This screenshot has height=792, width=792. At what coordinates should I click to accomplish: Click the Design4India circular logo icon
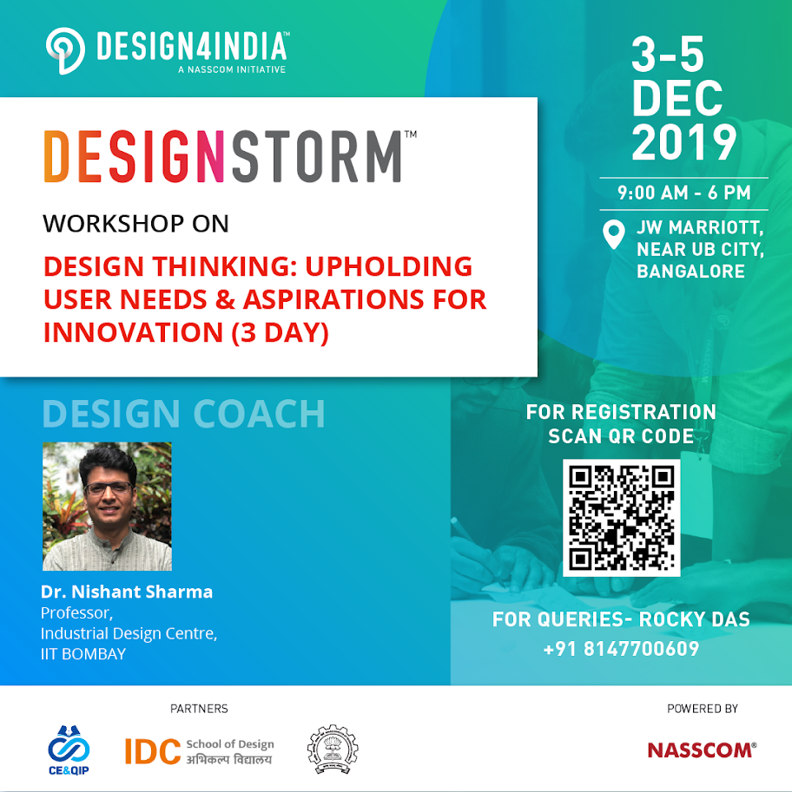pos(65,50)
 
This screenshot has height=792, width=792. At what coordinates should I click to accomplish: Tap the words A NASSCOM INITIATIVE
pos(232,69)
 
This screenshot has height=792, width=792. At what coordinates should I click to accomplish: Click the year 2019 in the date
pos(683,143)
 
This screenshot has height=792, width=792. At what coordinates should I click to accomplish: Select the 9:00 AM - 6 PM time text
pos(683,193)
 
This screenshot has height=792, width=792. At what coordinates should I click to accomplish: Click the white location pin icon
pos(613,234)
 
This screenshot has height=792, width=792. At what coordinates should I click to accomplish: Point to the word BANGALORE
pos(690,272)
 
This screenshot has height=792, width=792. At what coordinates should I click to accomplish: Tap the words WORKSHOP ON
pos(135,224)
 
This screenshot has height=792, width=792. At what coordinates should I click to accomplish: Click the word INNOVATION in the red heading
pos(134,332)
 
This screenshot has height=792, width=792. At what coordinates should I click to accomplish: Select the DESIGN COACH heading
pos(183,414)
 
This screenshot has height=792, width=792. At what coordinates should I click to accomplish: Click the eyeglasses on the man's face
pos(109,488)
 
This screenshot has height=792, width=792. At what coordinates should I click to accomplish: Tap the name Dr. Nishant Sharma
pos(127,592)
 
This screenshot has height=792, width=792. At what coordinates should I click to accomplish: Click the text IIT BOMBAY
pos(83,653)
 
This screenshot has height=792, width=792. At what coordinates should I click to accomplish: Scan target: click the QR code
pos(621,518)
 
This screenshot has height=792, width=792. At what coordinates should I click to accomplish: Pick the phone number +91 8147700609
pos(621,649)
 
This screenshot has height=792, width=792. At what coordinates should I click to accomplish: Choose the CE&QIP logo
pos(69,750)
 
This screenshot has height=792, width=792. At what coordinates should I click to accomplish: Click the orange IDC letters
pos(153,751)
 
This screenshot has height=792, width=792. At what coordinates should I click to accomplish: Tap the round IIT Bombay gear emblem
pos(333,749)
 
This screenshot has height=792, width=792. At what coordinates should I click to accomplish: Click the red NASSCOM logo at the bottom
pos(702,750)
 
